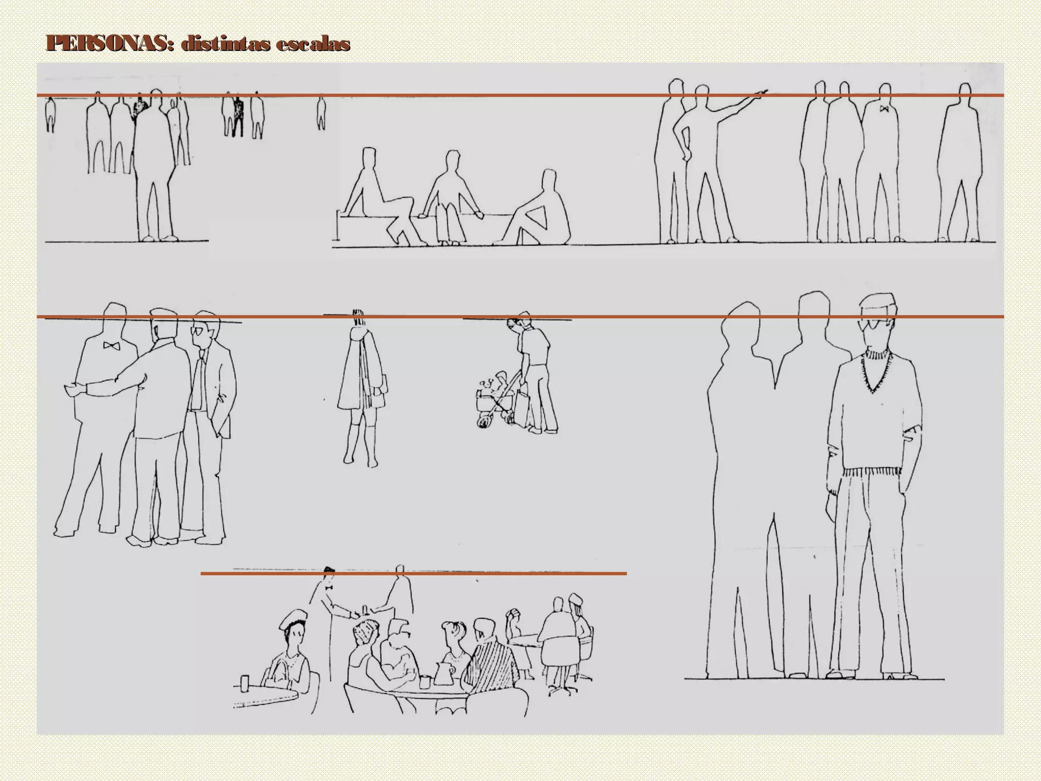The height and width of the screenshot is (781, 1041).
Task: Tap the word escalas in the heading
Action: point(313,44)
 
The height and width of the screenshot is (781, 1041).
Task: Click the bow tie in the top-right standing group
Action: point(884,109)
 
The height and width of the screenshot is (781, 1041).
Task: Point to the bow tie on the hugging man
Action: point(111,346)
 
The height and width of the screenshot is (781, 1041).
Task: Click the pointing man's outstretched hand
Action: point(761,93)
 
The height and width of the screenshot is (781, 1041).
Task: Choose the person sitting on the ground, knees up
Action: point(539,214)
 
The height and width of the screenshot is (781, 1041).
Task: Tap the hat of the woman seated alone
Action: point(293,620)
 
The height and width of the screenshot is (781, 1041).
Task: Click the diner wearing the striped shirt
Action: point(491,661)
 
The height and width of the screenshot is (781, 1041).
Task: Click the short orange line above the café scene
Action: point(413,574)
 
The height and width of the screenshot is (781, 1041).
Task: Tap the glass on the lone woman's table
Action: point(244,683)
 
